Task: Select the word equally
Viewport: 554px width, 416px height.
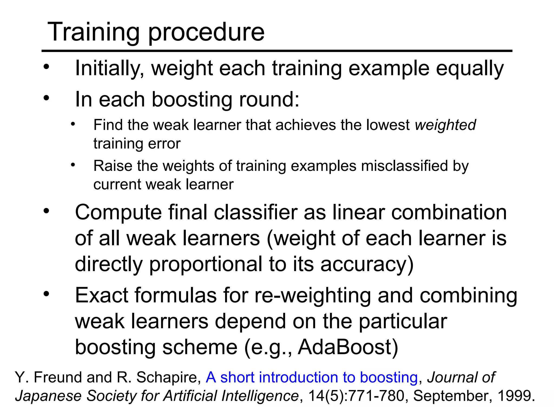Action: pyautogui.click(x=470, y=68)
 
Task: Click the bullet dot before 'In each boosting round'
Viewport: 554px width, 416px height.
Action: pyautogui.click(x=47, y=98)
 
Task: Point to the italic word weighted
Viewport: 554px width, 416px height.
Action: pyautogui.click(x=445, y=125)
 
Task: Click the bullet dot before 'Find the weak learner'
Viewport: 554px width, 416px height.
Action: pyautogui.click(x=72, y=124)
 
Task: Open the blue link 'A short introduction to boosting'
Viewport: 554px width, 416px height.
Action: pyautogui.click(x=312, y=378)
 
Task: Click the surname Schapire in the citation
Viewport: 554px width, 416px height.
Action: pyautogui.click(x=168, y=378)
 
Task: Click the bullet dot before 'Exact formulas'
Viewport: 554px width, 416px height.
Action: pyautogui.click(x=47, y=294)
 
